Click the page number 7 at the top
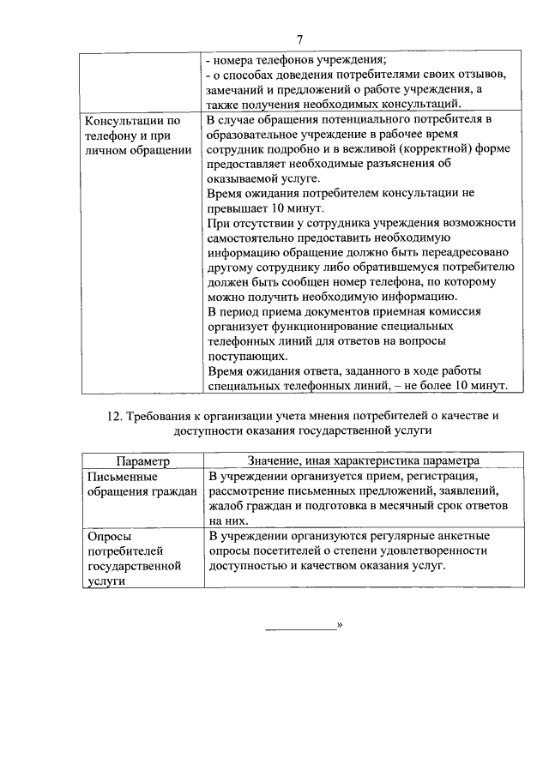[299, 39]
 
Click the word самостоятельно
[256, 237]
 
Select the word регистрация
[429, 475]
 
